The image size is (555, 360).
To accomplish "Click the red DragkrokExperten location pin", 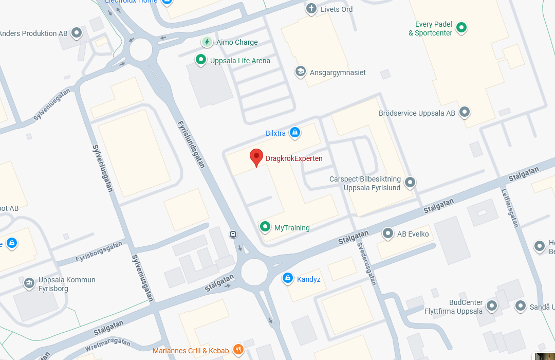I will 256,157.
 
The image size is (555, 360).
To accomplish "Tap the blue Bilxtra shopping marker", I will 294,133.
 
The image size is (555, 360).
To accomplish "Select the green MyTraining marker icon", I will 265,226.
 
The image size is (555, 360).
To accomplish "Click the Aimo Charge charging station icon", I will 207,42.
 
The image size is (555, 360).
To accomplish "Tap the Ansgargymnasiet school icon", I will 300,71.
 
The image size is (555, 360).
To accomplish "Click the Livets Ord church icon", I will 311,8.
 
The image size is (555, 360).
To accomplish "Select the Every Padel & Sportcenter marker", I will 461,27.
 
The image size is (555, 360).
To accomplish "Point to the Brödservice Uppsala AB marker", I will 465,111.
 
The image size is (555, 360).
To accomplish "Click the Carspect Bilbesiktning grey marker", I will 410,182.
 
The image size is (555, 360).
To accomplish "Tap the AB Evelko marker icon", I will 388,233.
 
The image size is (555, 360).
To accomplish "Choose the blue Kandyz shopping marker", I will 288,279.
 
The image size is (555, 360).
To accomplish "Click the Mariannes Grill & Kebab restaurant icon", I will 238,350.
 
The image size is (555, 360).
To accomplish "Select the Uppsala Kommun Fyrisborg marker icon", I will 29,283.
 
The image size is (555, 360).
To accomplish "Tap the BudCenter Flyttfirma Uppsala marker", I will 492,306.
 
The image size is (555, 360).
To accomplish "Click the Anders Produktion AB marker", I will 77,33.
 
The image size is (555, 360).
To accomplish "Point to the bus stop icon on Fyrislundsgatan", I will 233,235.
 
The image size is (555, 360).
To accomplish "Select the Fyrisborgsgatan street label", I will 99,252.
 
